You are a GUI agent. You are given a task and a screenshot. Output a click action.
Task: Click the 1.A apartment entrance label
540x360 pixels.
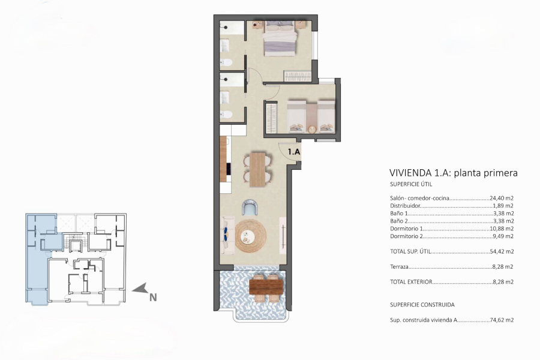coord(294,152)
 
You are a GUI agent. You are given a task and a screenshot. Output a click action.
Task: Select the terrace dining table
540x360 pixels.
coord(266,286)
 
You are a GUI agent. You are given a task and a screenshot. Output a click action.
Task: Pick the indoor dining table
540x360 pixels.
coord(257,169)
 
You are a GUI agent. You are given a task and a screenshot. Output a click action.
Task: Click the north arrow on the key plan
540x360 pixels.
coord(140,289)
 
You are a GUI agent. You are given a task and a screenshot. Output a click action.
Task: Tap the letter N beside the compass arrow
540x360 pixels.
coord(153,296)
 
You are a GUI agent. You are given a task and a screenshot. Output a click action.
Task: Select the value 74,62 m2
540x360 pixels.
coord(502,320)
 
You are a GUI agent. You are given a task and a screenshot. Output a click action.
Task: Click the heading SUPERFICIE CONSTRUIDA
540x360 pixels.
coord(422,304)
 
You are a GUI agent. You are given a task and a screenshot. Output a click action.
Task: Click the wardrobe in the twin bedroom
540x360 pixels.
coord(272,118)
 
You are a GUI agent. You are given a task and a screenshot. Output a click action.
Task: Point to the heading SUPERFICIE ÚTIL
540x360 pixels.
coord(410,184)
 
